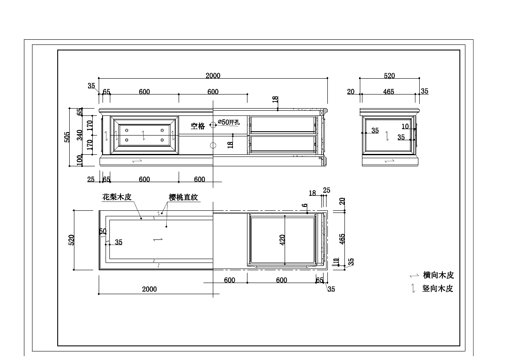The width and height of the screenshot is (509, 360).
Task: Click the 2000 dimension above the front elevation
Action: coord(213,76)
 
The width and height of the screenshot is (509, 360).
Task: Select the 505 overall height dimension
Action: coord(67,137)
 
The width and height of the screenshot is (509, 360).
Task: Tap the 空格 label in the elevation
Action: coord(198,126)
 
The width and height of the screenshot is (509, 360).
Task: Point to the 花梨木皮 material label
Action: coord(116,197)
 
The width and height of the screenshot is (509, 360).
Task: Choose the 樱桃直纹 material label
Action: coord(184,197)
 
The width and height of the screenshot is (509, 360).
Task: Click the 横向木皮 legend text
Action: coord(438,275)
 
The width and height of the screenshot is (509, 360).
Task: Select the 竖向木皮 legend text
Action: coord(438,289)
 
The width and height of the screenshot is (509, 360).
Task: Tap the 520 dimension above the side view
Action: coord(389,76)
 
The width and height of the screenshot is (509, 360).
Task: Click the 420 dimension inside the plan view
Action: coord(282,240)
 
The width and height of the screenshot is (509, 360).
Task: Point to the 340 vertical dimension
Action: coord(80,135)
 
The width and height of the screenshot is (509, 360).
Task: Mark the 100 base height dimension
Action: coord(80,160)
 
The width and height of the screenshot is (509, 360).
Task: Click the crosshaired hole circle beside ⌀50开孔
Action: coord(213,122)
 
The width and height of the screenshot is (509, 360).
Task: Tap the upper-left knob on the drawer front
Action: coord(127,130)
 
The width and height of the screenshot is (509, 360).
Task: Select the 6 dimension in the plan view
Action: coord(305,206)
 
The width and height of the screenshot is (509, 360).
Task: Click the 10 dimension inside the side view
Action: coord(405,127)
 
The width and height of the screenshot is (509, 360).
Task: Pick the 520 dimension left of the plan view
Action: coord(72,240)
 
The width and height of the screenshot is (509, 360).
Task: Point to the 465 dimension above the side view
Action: coord(388,92)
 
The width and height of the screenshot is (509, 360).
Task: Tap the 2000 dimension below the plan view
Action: coord(149,289)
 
